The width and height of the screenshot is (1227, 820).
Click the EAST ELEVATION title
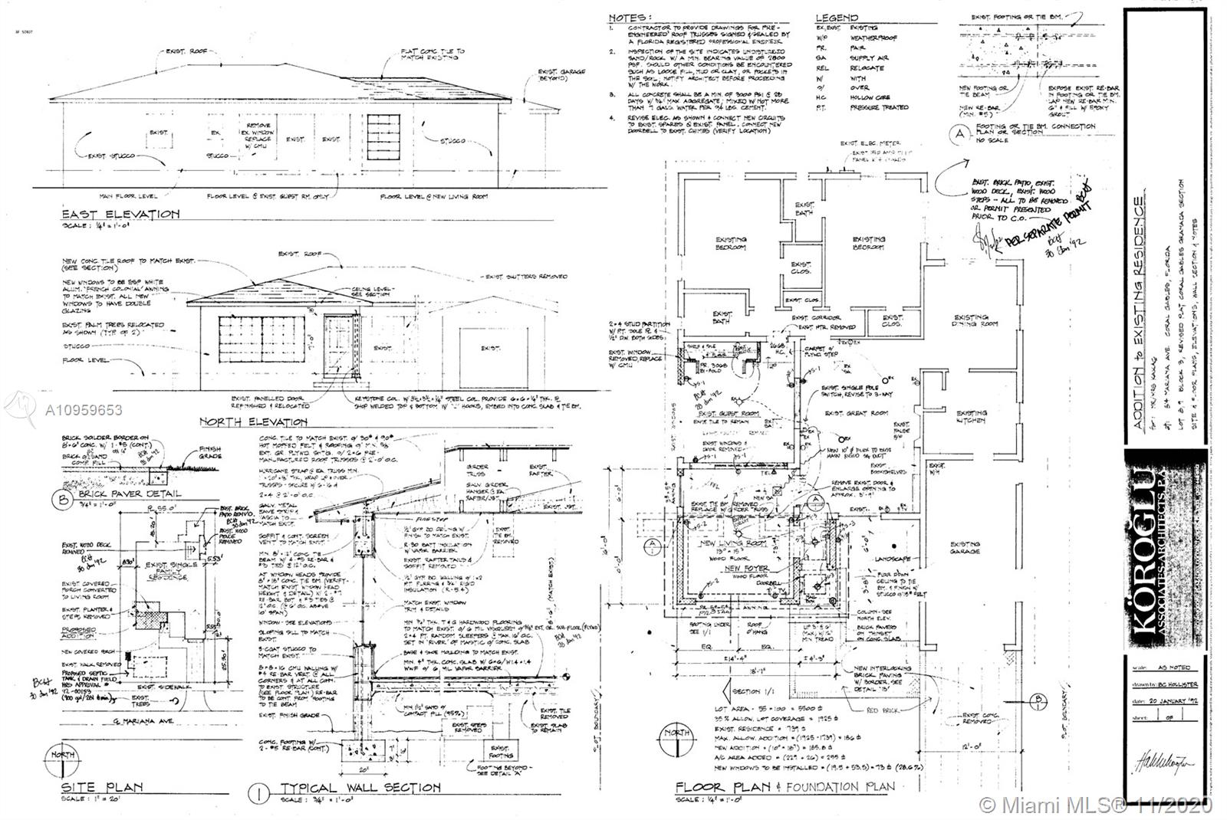[121, 214]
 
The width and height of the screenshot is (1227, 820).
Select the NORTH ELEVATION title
[253, 421]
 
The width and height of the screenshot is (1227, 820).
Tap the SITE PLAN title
[103, 787]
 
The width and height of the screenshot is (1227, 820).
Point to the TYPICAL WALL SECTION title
[360, 788]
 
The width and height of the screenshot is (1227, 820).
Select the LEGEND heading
[837, 17]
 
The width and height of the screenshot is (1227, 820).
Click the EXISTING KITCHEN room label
[971, 418]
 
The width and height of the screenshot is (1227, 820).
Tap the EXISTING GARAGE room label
[964, 547]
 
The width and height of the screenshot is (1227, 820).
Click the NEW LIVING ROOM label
[734, 543]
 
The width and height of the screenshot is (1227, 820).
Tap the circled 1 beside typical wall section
[261, 789]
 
